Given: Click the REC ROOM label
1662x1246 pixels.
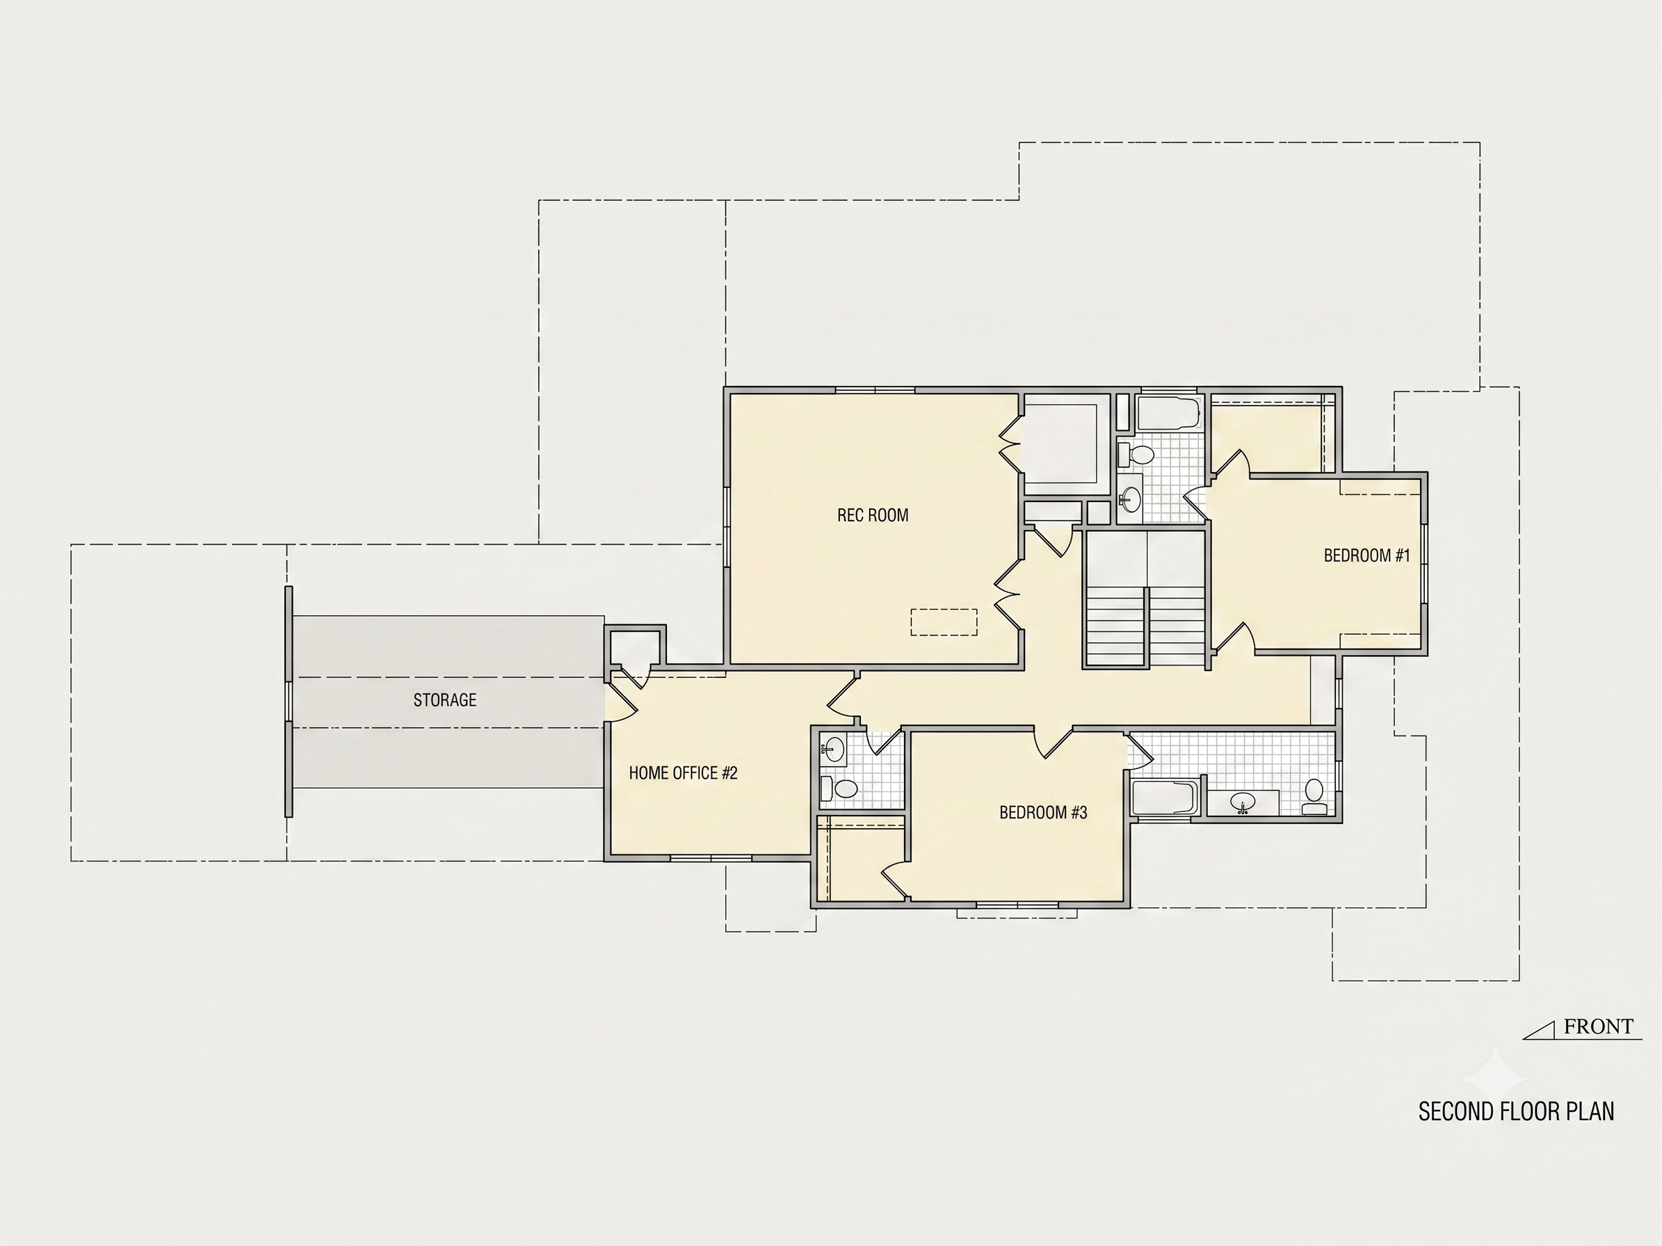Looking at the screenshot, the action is pos(872,515).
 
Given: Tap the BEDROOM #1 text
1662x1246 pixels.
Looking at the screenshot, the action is pos(1366,556).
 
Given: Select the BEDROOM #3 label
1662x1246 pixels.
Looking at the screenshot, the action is pos(1043,813).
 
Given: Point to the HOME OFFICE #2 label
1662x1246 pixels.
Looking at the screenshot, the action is pos(683,772).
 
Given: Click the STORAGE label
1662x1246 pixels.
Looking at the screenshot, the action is pos(445,700).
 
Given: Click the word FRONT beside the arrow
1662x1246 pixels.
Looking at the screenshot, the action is pos(1598,1027).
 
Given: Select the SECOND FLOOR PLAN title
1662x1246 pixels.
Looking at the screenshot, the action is pos(1516,1112).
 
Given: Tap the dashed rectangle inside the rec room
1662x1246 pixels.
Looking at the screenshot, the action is pos(944,622).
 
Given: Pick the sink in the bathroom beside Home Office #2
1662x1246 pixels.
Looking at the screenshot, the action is pos(833,748).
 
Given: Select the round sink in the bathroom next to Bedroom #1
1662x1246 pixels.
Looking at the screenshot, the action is pos(1130,497).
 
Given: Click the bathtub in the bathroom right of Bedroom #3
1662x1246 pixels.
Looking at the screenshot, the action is pos(1165,797).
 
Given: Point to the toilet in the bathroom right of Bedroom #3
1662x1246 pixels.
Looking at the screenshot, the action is pos(1314,797).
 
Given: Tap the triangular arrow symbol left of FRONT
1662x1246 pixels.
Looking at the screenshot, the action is pos(1539,1032).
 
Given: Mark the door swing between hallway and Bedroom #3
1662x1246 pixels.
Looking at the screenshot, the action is pos(1053,743).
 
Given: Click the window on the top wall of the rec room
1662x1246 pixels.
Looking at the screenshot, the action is pos(876,390).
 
